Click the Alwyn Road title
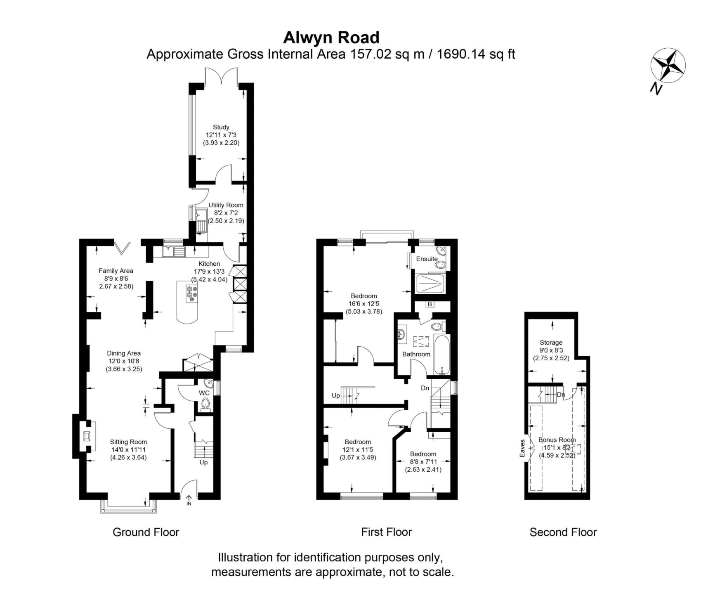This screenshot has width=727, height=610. click(x=331, y=38)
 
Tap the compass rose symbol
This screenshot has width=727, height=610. click(x=668, y=65)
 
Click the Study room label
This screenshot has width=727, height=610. click(x=221, y=127)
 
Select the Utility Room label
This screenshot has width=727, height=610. click(x=226, y=205)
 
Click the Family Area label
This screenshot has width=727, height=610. click(x=116, y=271)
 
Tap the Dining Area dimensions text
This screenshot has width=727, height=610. click(x=124, y=365)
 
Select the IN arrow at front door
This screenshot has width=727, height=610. click(x=189, y=501)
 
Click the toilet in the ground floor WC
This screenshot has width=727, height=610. click(x=205, y=404)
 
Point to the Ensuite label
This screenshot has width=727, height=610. click(x=427, y=259)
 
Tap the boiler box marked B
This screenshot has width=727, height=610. click(x=430, y=304)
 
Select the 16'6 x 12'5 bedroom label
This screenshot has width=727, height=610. click(x=363, y=303)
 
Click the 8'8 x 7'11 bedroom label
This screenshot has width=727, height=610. click(x=423, y=461)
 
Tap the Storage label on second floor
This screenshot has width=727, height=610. click(x=551, y=343)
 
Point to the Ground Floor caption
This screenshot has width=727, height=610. click(x=146, y=532)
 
